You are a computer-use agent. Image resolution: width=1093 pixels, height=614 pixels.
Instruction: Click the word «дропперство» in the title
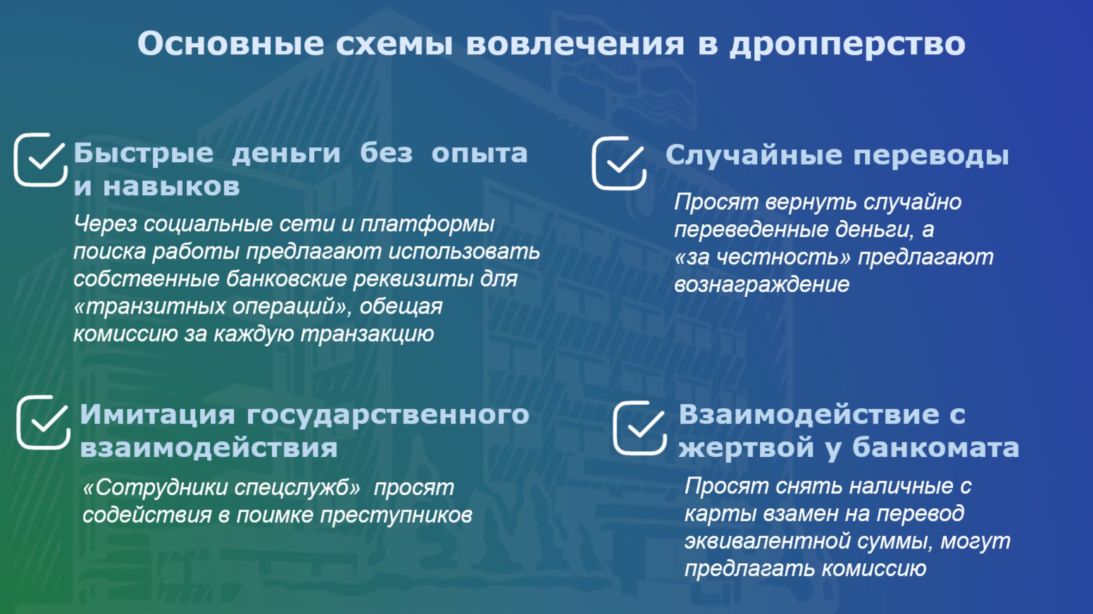coord(847,44)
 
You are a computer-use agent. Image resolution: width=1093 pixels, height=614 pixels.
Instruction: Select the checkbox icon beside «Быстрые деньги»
coord(40,160)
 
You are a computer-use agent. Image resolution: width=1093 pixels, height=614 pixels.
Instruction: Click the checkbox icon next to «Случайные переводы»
coord(619,163)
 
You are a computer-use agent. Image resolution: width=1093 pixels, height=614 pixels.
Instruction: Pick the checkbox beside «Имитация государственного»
coord(43,422)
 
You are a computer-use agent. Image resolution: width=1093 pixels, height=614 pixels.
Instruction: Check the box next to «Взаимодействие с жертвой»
coord(639,428)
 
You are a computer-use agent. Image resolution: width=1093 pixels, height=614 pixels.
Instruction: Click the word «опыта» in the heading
coord(479,154)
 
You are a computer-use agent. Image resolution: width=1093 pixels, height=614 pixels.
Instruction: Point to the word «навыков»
coord(171,186)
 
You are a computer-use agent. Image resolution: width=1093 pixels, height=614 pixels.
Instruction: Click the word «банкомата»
coord(935,448)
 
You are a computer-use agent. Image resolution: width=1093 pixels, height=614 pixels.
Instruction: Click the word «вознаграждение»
coord(762,285)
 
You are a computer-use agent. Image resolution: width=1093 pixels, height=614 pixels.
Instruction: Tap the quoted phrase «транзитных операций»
coord(213,307)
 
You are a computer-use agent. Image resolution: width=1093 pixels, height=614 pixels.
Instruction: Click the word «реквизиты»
coord(413,279)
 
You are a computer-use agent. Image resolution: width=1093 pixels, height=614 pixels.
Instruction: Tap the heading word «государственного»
coord(388,415)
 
